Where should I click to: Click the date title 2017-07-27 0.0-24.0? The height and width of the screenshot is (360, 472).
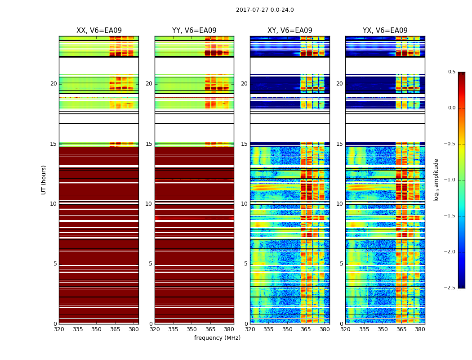click(x=265, y=10)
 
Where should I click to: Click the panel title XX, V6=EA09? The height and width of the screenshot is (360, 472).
click(x=99, y=31)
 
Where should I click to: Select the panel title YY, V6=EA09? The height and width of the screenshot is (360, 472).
click(x=194, y=31)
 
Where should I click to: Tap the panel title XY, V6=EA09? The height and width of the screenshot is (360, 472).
click(x=289, y=31)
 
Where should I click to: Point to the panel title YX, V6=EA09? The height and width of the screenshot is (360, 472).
click(x=385, y=31)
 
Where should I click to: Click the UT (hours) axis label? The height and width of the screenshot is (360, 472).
click(x=44, y=180)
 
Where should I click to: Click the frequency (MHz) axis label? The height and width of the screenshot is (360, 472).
click(x=217, y=338)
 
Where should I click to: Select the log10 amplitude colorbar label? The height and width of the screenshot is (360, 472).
click(x=436, y=180)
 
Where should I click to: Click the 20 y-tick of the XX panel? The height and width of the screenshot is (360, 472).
click(x=53, y=84)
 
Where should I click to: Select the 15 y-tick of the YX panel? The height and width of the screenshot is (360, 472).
click(x=340, y=144)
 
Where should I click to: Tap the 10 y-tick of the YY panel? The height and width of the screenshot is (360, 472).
click(x=149, y=204)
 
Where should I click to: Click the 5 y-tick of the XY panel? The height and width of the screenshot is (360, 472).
click(x=246, y=264)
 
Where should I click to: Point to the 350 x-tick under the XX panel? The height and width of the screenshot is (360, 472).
click(x=96, y=329)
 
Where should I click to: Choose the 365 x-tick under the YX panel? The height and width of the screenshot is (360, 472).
click(x=401, y=329)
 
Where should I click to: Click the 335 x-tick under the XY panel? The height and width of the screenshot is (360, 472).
click(x=269, y=329)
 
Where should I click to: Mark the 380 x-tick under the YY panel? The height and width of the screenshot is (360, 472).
click(x=229, y=329)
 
